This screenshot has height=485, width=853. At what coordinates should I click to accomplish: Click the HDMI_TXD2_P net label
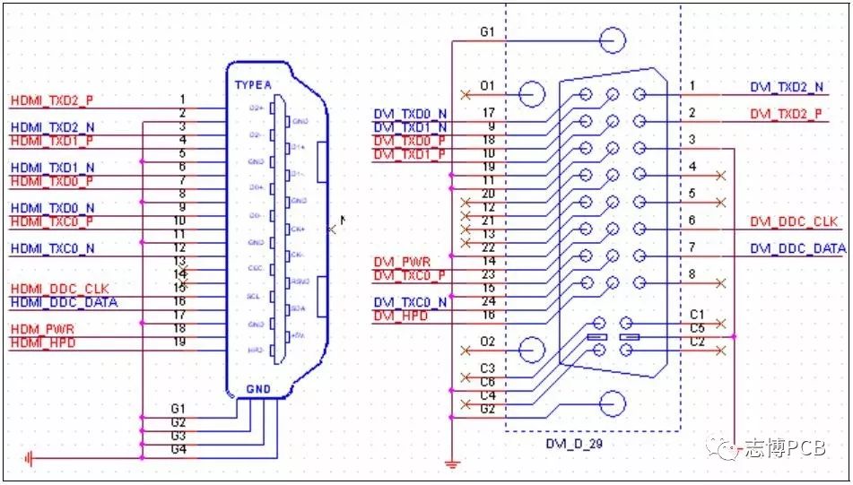(51, 100)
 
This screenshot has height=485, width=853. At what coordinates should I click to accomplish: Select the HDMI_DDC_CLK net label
(59, 289)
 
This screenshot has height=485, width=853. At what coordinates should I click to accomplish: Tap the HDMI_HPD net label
(43, 343)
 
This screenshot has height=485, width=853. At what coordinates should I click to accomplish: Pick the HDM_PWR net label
(43, 329)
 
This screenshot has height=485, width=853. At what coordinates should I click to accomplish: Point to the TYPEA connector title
(253, 85)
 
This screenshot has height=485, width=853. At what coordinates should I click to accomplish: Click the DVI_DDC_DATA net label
(797, 248)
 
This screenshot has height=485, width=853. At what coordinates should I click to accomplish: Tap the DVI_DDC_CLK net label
(794, 221)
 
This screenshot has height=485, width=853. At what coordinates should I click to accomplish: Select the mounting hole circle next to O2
(532, 351)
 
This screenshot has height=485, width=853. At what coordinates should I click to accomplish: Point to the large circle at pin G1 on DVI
(613, 40)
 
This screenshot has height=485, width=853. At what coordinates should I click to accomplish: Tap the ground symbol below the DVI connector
(452, 463)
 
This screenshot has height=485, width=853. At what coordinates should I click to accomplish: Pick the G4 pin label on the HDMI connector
(178, 448)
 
